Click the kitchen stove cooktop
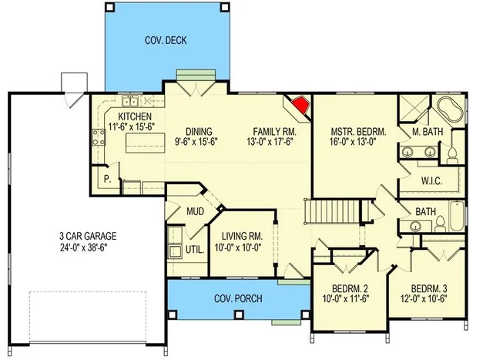(x=99, y=137)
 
